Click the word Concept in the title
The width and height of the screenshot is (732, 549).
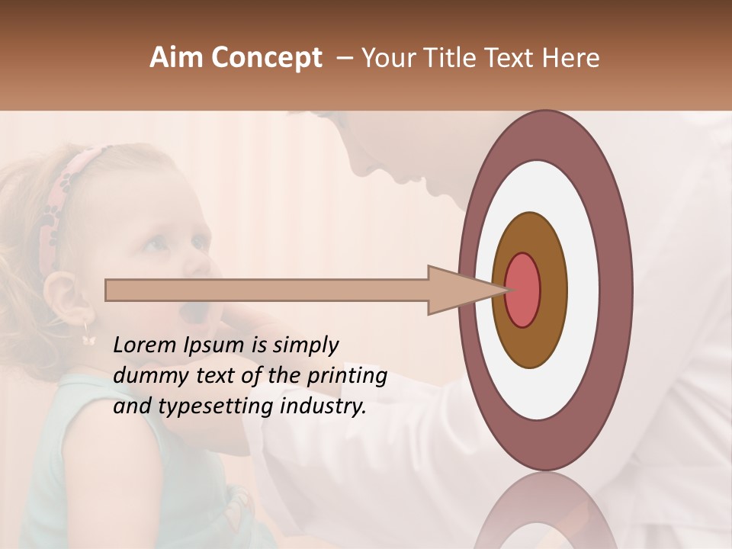point(267,59)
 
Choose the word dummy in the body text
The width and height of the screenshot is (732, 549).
point(145,376)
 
